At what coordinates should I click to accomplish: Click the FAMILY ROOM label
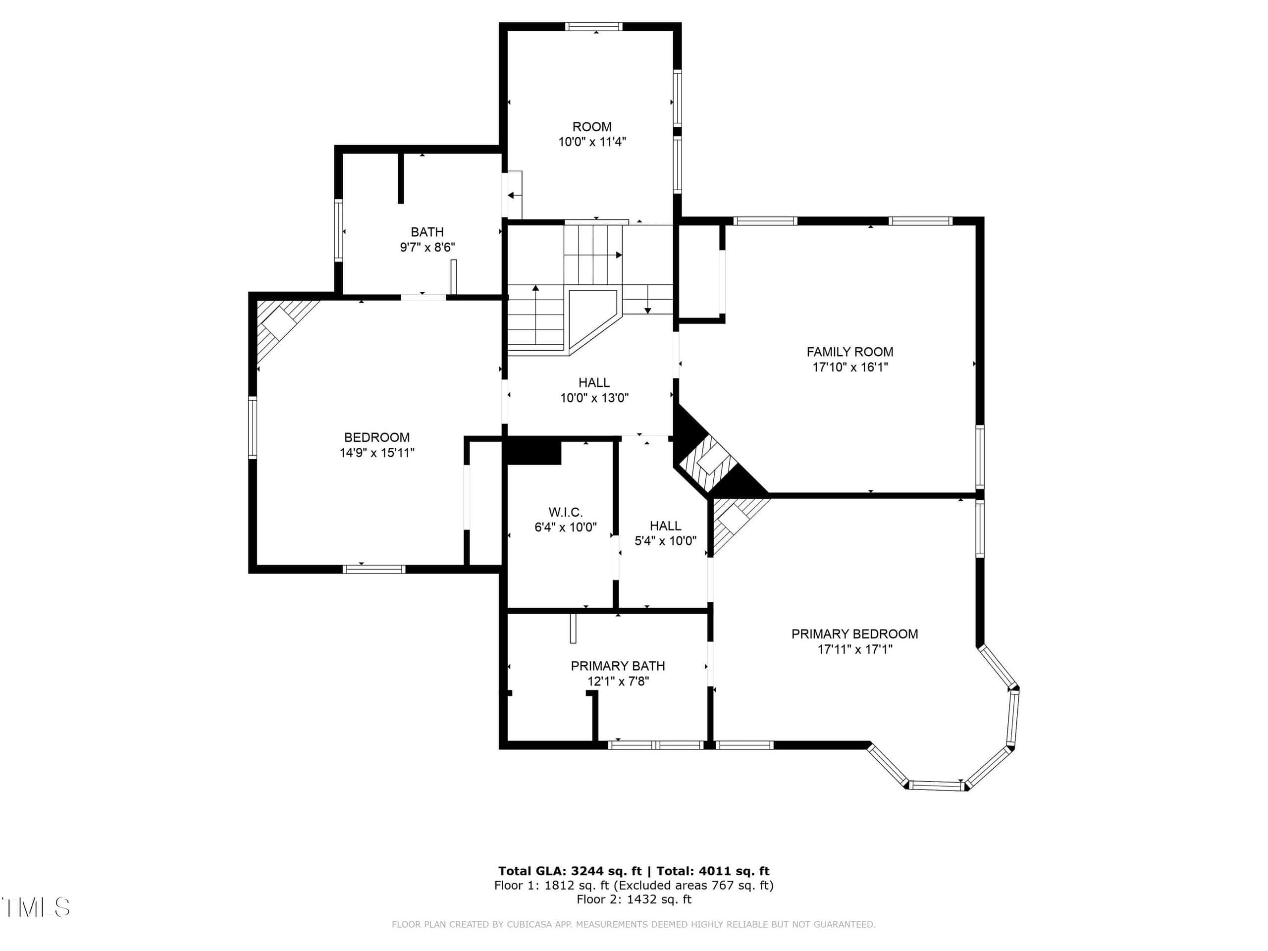coord(849,352)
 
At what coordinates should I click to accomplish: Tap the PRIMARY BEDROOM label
coord(854,634)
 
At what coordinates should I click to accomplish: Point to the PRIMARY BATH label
coord(617,666)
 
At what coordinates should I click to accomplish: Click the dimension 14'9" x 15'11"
coord(376,453)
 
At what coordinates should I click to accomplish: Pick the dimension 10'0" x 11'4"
coord(592,142)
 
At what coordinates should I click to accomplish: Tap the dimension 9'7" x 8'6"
coord(427,248)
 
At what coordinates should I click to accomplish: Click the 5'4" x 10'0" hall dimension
coord(665,540)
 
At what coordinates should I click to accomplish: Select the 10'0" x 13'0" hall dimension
coord(594,398)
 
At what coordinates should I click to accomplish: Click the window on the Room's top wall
coord(593,26)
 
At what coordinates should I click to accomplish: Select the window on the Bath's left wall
coord(339,230)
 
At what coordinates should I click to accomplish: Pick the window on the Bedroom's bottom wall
coord(374,569)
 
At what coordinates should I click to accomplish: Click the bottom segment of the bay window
coord(936,786)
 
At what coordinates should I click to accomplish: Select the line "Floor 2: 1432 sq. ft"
coord(634,899)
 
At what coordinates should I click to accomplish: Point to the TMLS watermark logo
coord(36,907)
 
